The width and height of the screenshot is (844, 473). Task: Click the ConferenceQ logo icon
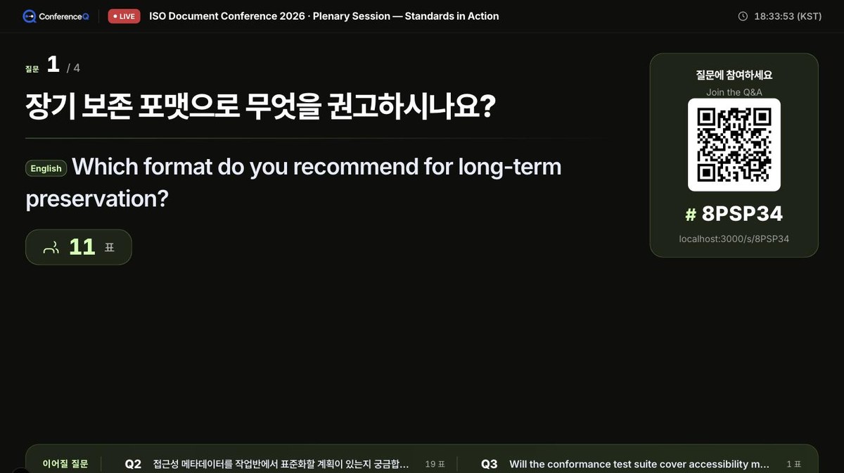(x=30, y=16)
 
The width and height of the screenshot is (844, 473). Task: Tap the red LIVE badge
(x=124, y=16)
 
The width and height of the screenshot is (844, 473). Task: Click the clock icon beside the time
(x=743, y=16)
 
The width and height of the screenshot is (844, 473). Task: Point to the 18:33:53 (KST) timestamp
(x=788, y=16)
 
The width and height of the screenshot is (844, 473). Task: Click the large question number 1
(x=53, y=64)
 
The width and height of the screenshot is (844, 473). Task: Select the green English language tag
(x=46, y=168)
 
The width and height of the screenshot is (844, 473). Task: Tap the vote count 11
(x=82, y=247)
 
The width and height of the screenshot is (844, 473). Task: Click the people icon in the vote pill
(x=51, y=248)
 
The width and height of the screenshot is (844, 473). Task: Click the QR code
(x=734, y=145)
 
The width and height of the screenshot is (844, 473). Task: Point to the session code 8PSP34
(x=742, y=214)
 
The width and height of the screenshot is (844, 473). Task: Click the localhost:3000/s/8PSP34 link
(x=734, y=239)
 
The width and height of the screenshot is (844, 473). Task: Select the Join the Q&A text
(x=734, y=92)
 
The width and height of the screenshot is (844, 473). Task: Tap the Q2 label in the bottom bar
(x=133, y=464)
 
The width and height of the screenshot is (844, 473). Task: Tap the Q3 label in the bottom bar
(x=489, y=464)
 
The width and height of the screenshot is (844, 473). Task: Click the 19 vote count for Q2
(x=430, y=464)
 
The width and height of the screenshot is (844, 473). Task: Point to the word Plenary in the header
(x=331, y=16)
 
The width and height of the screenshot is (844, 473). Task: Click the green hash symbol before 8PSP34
(x=691, y=215)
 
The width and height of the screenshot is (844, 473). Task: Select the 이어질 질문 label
(x=65, y=464)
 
